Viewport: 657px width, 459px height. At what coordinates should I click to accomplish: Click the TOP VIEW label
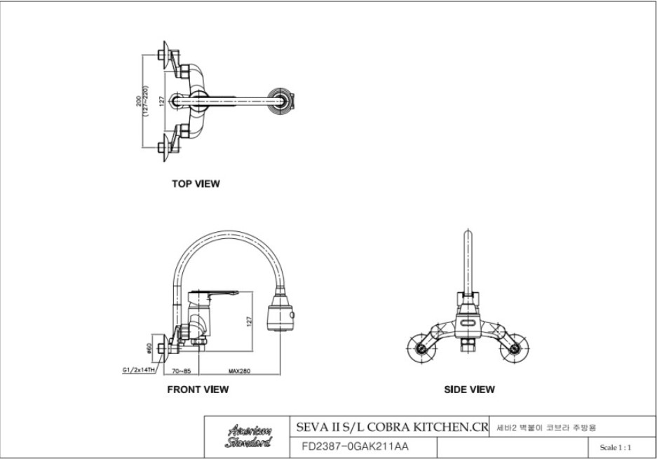(x=196, y=184)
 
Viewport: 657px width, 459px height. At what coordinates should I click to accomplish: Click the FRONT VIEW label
(x=197, y=390)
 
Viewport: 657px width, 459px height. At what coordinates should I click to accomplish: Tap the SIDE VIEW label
(x=469, y=390)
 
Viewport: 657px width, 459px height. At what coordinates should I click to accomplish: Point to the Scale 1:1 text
(x=616, y=446)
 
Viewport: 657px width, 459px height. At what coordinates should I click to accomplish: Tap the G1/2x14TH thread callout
(x=137, y=370)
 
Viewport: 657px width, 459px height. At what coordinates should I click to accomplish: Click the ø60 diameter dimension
(x=149, y=348)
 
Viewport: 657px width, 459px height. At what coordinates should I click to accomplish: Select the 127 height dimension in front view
(x=249, y=322)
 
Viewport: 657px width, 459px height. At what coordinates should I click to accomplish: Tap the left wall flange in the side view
(x=422, y=345)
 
